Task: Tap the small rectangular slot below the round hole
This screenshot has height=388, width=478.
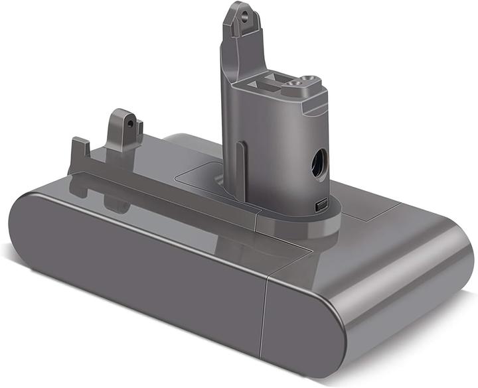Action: [x=322, y=206]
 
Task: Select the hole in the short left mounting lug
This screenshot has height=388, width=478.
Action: [x=131, y=122]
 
